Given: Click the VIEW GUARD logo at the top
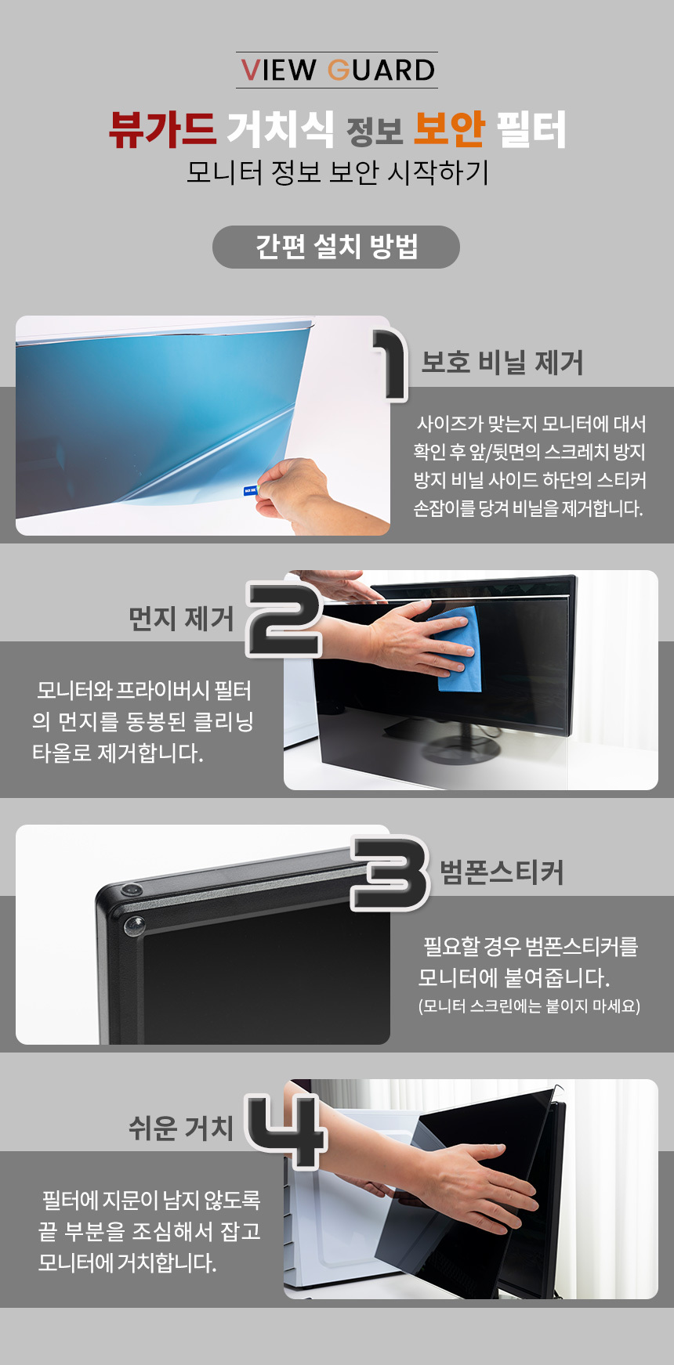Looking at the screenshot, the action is coord(337,70).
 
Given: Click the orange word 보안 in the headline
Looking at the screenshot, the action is coord(449,129).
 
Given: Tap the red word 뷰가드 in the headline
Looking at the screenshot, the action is coord(162,129).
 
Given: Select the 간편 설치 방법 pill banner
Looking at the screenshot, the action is coord(336,247).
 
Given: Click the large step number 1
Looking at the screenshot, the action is coord(390,364).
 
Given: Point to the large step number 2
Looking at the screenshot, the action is coord(284,619).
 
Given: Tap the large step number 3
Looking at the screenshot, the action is coord(390,873).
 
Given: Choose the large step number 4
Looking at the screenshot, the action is coord(285,1131).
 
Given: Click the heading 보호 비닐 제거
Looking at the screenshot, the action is coord(502,363).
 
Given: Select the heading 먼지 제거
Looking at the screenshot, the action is coord(181,619).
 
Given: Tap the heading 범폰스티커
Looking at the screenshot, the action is coord(502,872).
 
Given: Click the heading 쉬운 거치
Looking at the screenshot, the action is coord(181,1128).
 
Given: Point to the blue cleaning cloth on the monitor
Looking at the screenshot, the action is coord(457,648).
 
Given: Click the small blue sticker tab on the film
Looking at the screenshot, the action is coord(250,491).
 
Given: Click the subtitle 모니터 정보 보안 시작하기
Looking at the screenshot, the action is coord(337,172).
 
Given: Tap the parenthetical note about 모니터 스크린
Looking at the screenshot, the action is coord(530,1006).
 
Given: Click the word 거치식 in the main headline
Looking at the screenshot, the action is coord(280,129).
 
